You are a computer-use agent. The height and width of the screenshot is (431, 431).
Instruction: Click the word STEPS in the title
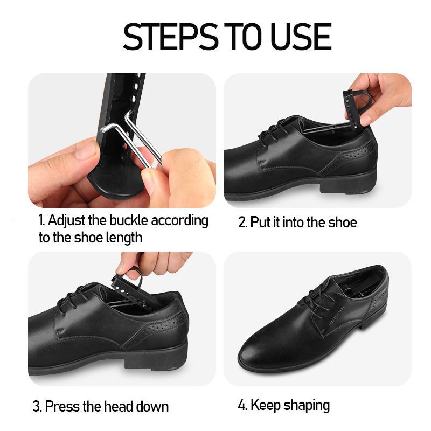170,37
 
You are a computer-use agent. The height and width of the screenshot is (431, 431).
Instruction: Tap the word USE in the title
301,37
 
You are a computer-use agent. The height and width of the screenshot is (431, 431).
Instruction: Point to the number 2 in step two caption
242,223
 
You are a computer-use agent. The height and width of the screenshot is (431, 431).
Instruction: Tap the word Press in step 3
62,406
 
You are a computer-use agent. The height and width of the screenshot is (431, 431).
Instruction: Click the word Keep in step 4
265,405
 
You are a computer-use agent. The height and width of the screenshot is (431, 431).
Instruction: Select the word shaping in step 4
307,406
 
